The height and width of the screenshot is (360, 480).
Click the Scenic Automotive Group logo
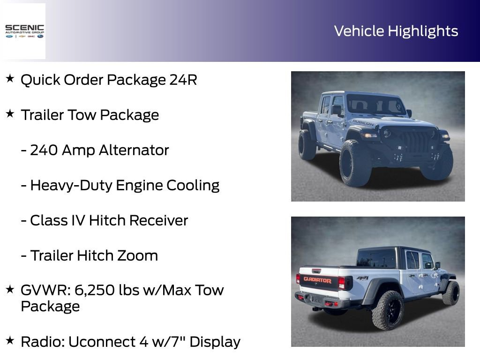[x=24, y=31]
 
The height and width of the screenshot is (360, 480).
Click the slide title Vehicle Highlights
[x=396, y=31]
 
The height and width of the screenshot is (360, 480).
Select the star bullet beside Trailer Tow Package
[x=10, y=114]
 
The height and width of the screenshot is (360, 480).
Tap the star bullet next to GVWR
[x=10, y=289]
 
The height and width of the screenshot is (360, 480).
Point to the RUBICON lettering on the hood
[x=363, y=123]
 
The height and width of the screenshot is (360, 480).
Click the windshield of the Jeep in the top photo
[x=375, y=104]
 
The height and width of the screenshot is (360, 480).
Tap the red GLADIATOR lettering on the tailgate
[x=317, y=280]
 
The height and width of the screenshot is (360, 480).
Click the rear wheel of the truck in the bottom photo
[x=388, y=310]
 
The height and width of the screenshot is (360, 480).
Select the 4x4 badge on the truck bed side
[x=362, y=278]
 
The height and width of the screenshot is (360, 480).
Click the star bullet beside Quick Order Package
[x=10, y=79]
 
